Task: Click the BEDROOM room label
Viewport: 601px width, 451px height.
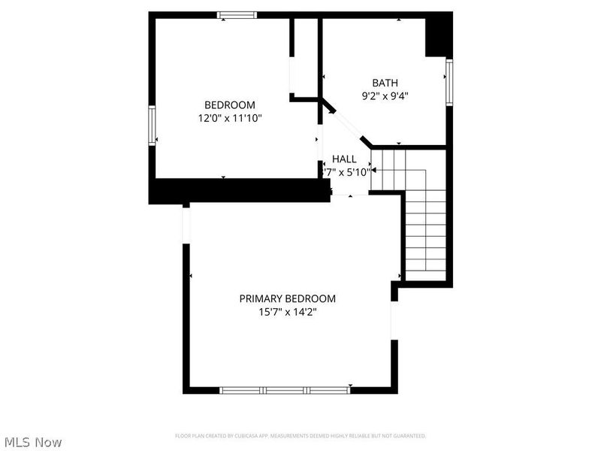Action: pyautogui.click(x=230, y=105)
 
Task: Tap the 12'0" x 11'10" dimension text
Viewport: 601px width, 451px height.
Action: pyautogui.click(x=230, y=119)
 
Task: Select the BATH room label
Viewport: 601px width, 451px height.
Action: pyautogui.click(x=385, y=83)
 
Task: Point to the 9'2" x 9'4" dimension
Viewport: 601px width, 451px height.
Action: pyautogui.click(x=385, y=95)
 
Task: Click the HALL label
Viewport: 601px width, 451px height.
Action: pyautogui.click(x=345, y=159)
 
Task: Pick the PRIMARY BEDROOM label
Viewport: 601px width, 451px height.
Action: pyautogui.click(x=288, y=298)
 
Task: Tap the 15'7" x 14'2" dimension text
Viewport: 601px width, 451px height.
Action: pyautogui.click(x=288, y=312)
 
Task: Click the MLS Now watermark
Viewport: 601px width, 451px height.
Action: pyautogui.click(x=33, y=442)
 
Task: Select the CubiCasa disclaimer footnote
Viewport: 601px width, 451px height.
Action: pyautogui.click(x=300, y=436)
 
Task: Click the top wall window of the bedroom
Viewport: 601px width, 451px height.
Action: pyautogui.click(x=237, y=14)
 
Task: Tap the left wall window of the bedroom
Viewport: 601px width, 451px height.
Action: pyautogui.click(x=152, y=126)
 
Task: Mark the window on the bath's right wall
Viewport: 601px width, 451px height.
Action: pyautogui.click(x=448, y=81)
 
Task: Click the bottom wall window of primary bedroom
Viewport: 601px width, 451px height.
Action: pyautogui.click(x=285, y=390)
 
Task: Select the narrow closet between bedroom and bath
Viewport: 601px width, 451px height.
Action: pyautogui.click(x=306, y=56)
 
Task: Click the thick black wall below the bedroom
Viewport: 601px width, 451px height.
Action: pyautogui.click(x=240, y=190)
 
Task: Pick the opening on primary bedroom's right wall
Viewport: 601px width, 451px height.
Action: pyautogui.click(x=392, y=320)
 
